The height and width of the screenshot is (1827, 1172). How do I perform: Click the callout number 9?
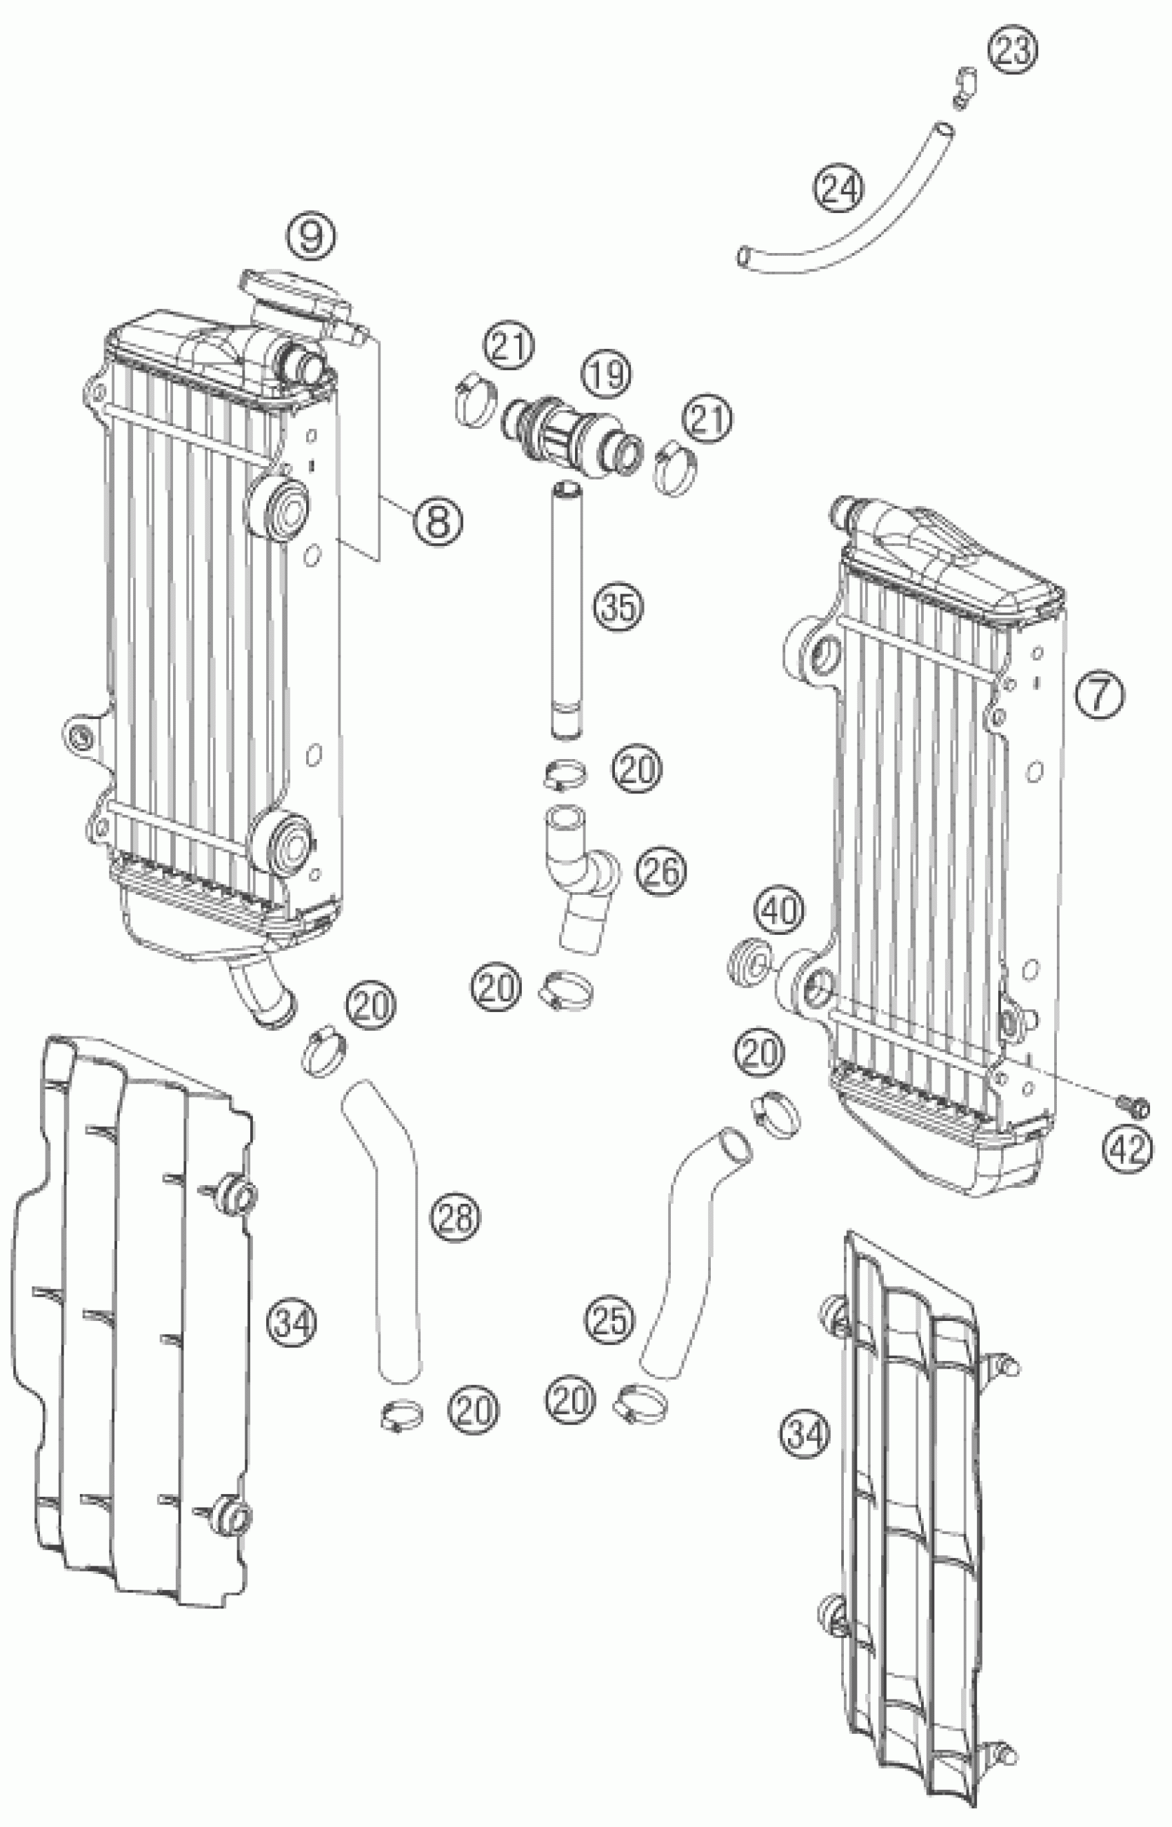[311, 236]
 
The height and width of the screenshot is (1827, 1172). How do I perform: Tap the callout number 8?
[439, 522]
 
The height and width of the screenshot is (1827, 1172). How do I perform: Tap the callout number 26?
[660, 872]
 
